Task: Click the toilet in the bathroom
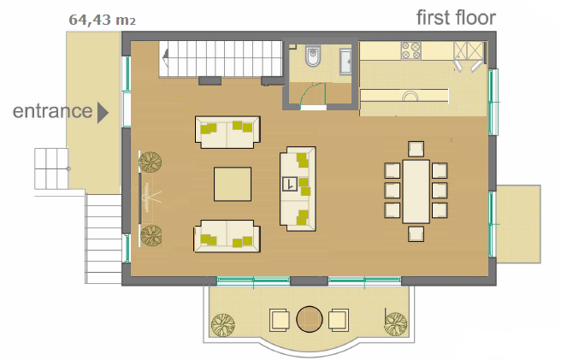coord(313,56)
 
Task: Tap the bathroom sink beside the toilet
coord(345,62)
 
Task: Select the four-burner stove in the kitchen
coord(411,50)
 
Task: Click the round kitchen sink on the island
coord(410,97)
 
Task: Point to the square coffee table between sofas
coord(233,184)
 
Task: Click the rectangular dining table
coord(416,192)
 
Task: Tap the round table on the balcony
coord(310,319)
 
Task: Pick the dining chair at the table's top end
coord(416,149)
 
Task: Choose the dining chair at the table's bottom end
coord(416,233)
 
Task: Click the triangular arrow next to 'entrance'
coord(103,113)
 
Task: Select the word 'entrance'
coord(53,111)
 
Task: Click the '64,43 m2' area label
coord(103,20)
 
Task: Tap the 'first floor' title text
coord(456,18)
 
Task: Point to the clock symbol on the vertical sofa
coord(289,185)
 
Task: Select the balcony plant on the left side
coord(223,325)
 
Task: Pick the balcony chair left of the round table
coord(280,320)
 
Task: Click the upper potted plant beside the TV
coord(150,162)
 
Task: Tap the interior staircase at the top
coord(221,59)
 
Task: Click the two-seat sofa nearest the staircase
coord(227,132)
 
